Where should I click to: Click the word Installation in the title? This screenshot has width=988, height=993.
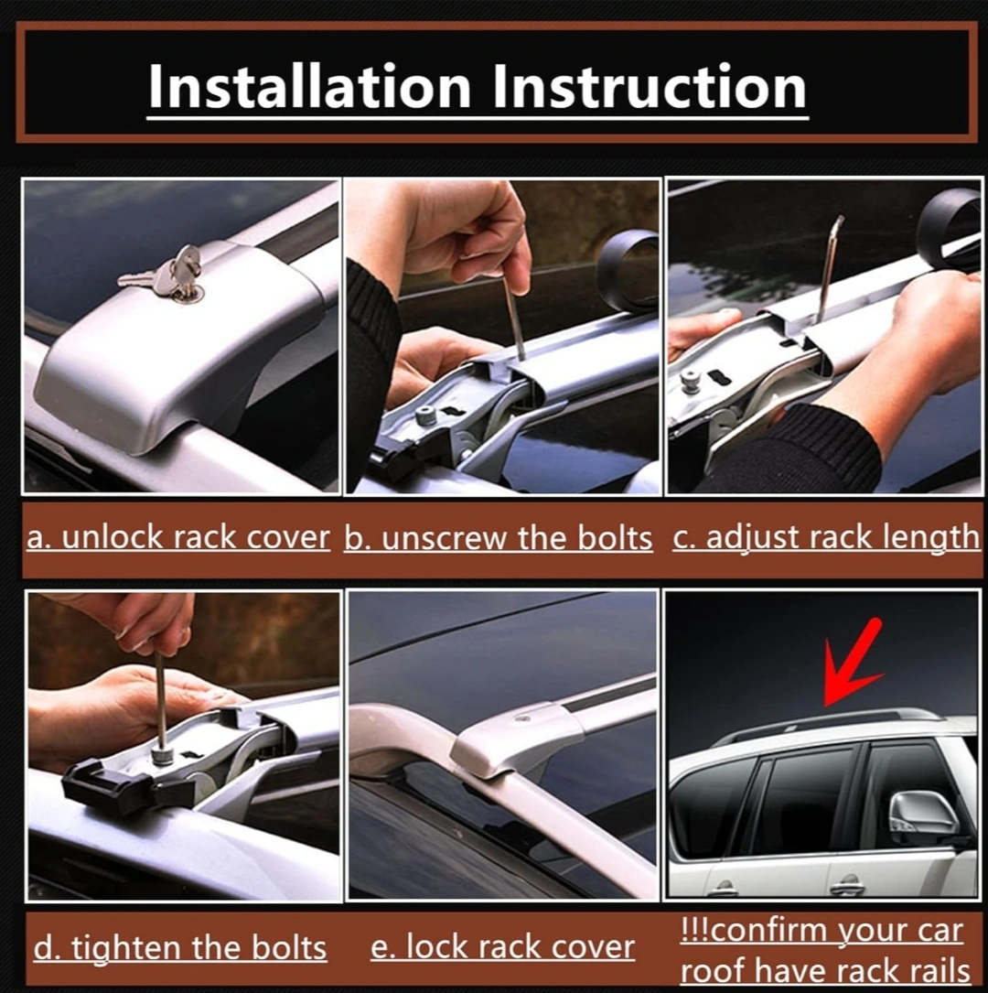tap(309, 86)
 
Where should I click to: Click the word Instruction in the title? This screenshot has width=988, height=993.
tap(650, 86)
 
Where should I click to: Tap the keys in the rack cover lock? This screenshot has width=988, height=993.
tap(165, 275)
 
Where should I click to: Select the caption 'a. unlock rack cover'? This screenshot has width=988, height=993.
tap(177, 537)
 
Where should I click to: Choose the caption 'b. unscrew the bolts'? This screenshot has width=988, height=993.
tap(498, 538)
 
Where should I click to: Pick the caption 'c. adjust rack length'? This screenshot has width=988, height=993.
tap(826, 537)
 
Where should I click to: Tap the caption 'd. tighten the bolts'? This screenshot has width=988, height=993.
tap(179, 948)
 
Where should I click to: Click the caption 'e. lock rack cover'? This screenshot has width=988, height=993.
tap(502, 947)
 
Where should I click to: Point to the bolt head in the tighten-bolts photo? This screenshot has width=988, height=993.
tap(163, 755)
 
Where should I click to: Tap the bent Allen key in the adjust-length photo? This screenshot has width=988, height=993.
tap(827, 268)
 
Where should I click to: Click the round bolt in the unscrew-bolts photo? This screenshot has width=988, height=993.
tap(424, 417)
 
